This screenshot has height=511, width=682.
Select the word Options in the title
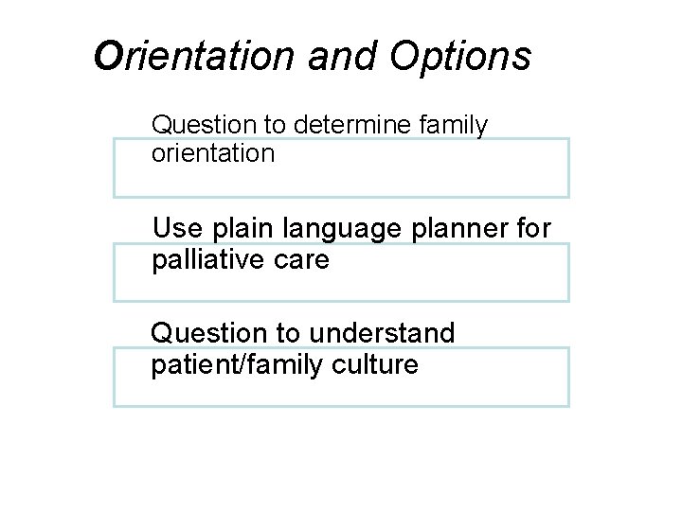pos(460,57)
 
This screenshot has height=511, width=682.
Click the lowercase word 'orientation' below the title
pos(213,153)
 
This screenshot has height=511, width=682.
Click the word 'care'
pos(306,259)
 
